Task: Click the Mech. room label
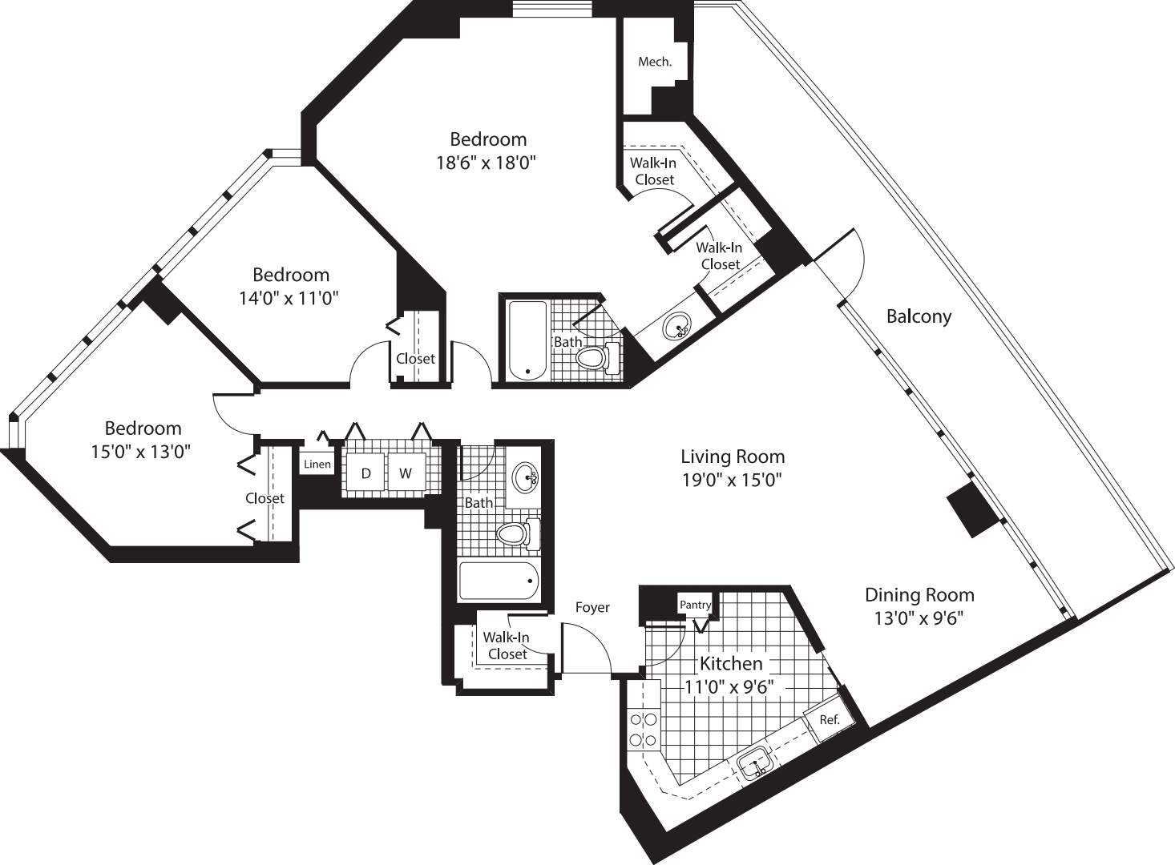click(x=654, y=62)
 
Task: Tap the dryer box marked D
click(x=365, y=473)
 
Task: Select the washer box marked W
click(x=406, y=473)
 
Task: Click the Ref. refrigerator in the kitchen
click(x=829, y=719)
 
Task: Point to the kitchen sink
click(x=754, y=762)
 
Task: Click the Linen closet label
click(x=317, y=465)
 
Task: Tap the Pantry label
click(x=694, y=605)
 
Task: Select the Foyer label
click(x=592, y=608)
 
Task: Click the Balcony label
click(x=919, y=316)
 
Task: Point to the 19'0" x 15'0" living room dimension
click(x=731, y=480)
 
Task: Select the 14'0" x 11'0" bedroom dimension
click(x=289, y=299)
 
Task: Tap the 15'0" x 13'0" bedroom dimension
click(x=141, y=452)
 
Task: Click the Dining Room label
click(x=919, y=595)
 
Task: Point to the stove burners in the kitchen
click(x=643, y=730)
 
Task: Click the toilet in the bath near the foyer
click(x=515, y=534)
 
